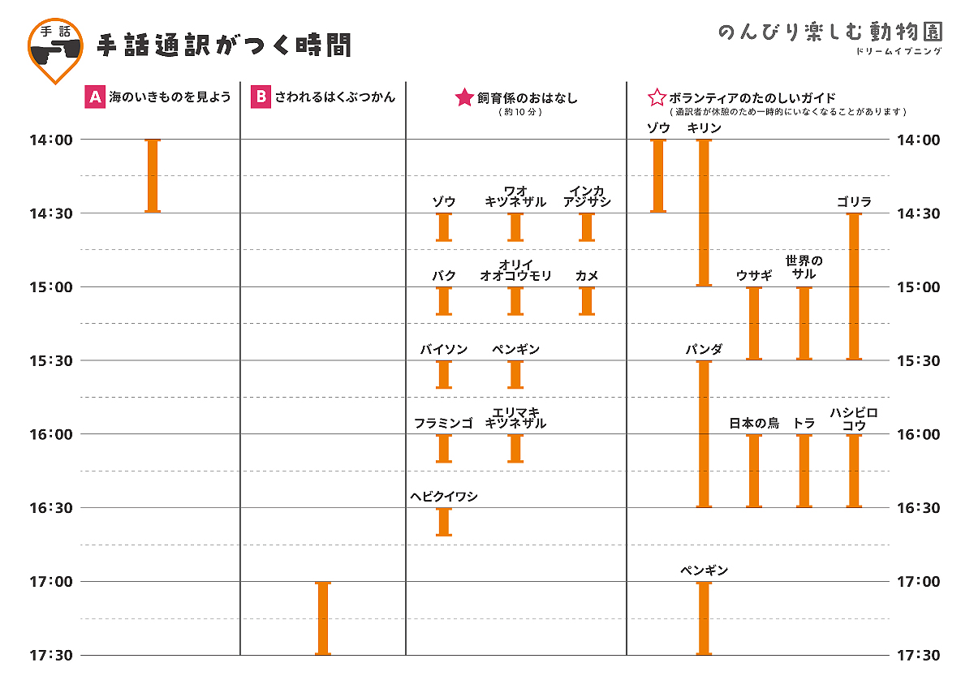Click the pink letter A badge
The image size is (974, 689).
[96, 97]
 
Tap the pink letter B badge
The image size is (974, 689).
[261, 97]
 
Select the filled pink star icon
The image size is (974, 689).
[464, 98]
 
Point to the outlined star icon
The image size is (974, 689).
[656, 98]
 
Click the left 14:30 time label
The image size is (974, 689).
[50, 213]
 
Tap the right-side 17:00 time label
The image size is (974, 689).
[919, 581]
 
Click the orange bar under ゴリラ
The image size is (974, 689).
[853, 286]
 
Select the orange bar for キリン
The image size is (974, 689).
[704, 213]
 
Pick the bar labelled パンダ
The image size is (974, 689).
[704, 433]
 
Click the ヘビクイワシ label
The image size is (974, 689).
[444, 497]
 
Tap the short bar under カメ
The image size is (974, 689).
[587, 301]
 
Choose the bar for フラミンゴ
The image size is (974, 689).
[444, 448]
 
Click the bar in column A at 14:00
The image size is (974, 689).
[153, 176]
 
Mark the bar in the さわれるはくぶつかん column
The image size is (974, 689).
[323, 618]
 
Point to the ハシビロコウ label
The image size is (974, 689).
[853, 419]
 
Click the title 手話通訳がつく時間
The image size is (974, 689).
[224, 46]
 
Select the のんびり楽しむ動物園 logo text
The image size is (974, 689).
[830, 32]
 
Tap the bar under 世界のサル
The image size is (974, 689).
[804, 323]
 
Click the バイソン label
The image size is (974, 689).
[444, 350]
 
